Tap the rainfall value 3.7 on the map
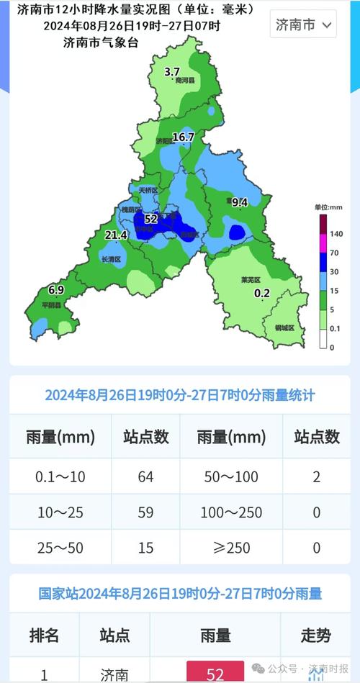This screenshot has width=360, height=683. coord(172,71)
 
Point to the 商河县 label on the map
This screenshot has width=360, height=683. coord(185,81)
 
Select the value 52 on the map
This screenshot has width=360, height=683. coord(150,218)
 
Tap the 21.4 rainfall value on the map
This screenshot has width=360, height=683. coord(116,235)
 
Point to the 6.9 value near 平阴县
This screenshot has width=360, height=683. coord(56,289)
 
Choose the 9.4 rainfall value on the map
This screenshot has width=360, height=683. coord(239,203)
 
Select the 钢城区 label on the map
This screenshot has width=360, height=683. coord(285,327)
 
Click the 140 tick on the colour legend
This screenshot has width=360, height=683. coord(336,234)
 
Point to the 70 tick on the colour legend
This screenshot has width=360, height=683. coord(334,253)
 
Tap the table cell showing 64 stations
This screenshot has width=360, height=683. coord(145,476)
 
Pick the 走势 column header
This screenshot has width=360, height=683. coord(316,635)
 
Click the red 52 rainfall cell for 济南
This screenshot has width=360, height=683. coord(215,674)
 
